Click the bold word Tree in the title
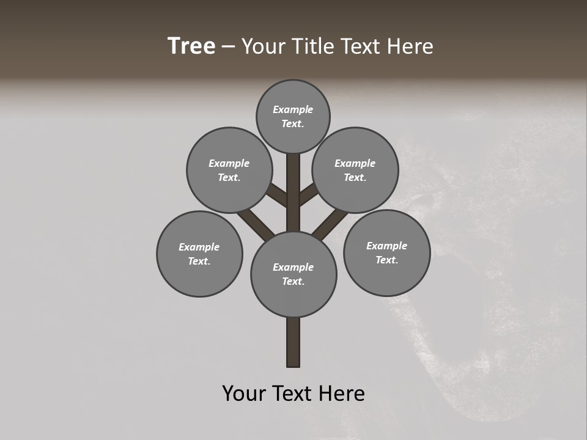[x=191, y=46]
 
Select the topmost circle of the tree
[x=293, y=116]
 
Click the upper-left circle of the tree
[x=229, y=170]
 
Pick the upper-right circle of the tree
[x=355, y=170]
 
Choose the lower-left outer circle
[x=199, y=254]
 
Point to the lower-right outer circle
[x=386, y=252]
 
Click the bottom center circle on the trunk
[x=293, y=274]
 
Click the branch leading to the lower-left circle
[x=254, y=223]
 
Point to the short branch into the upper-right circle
[x=308, y=194]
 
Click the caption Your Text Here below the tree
[x=293, y=394]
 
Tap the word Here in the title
[x=411, y=46]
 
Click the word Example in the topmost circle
[x=293, y=109]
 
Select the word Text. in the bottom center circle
[x=293, y=281]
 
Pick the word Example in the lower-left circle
[x=199, y=247]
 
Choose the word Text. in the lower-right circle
[x=386, y=260]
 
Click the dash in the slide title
[x=228, y=46]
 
